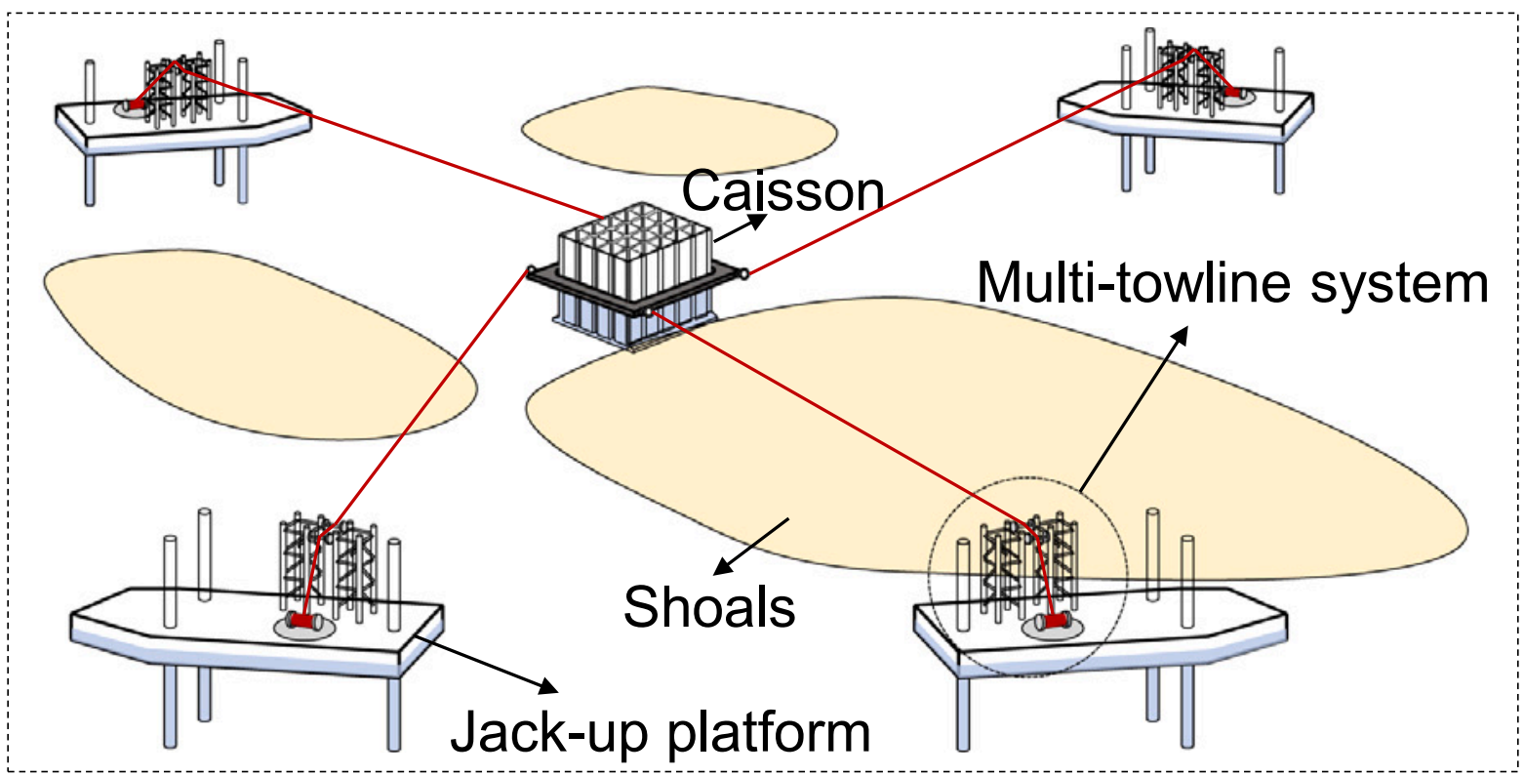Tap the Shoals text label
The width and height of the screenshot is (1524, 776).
coord(709,607)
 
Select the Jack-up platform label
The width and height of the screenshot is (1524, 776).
coord(660,731)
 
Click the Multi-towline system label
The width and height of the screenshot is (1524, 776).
coord(1232,283)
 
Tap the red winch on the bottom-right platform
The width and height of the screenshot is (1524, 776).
coord(1057,621)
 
